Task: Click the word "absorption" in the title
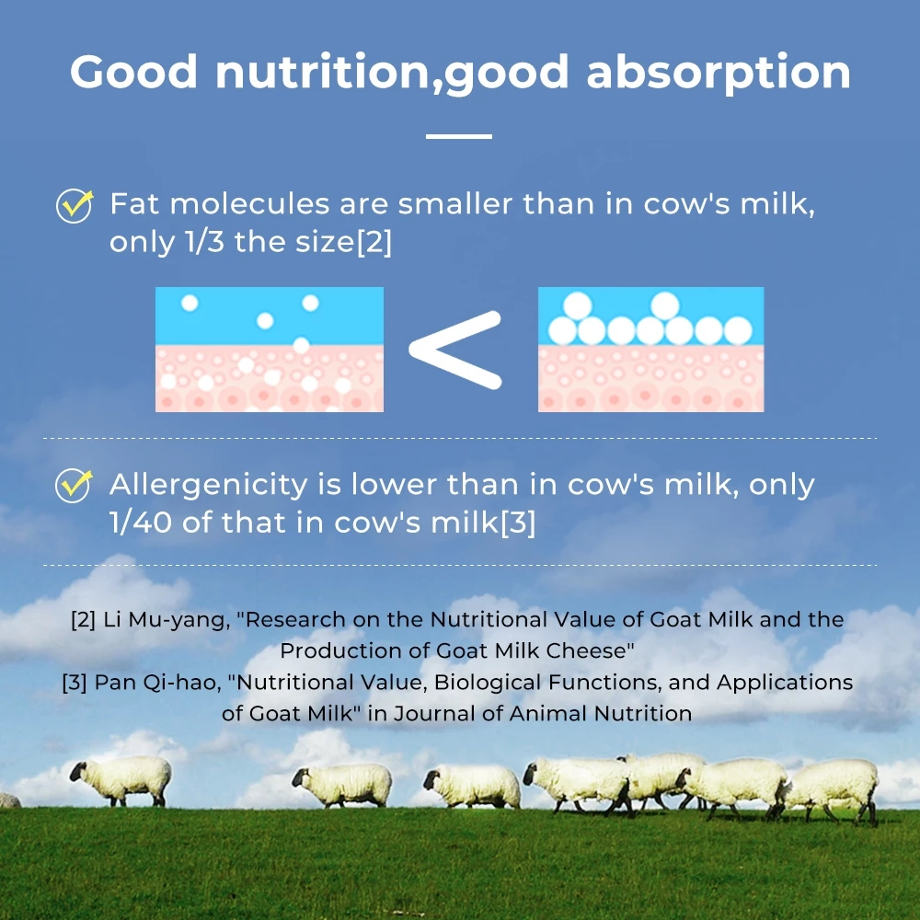point(719,73)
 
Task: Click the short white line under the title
point(459,136)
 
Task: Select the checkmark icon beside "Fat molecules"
point(75,205)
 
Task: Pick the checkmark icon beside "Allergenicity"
point(74,485)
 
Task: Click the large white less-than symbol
point(455,350)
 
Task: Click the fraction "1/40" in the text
point(141,522)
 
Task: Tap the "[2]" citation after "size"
point(374,242)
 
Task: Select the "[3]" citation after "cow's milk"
point(518,523)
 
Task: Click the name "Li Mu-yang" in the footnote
point(167,620)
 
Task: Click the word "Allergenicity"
point(209,485)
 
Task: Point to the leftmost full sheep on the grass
point(121,780)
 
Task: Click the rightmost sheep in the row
point(834,789)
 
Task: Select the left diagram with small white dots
point(270,349)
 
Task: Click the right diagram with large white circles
point(650,349)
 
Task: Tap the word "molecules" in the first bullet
point(249,203)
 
